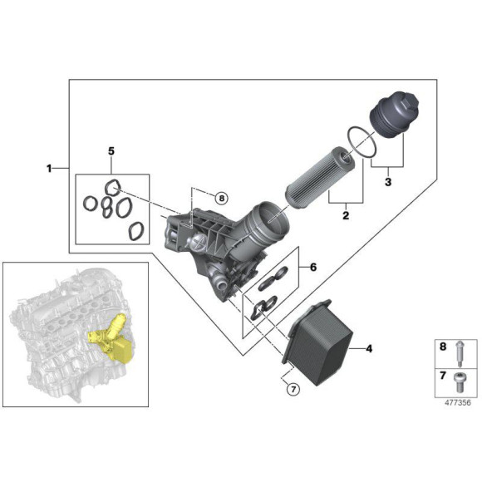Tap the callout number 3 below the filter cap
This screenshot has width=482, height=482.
click(388, 180)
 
